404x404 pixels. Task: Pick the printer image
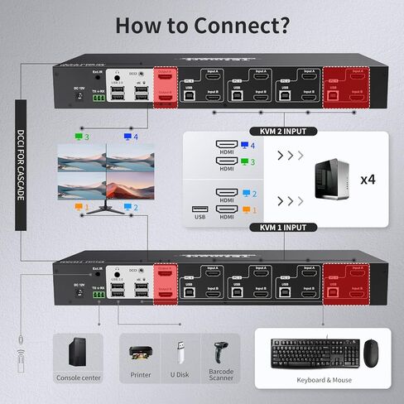click(x=142, y=353)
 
